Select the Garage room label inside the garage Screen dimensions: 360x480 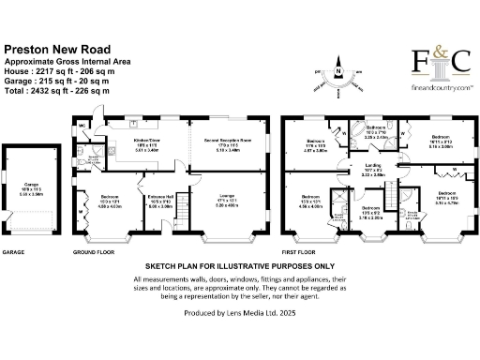pos(31,186)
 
